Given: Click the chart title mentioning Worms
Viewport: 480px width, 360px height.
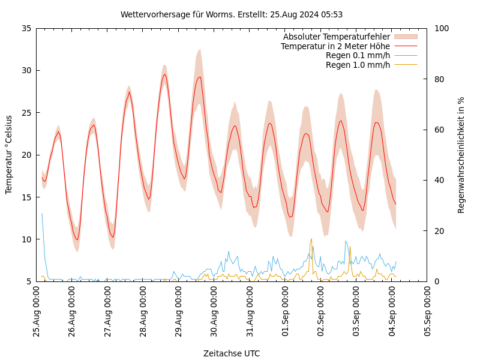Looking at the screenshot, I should tap(232, 14).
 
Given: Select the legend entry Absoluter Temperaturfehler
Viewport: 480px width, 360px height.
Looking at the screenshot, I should tap(336, 37).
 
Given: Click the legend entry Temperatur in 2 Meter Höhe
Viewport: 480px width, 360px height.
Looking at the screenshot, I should tap(335, 46).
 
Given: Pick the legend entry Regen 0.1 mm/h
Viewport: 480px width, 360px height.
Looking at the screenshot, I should tap(358, 56).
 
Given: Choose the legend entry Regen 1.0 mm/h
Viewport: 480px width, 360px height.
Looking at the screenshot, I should tap(358, 65).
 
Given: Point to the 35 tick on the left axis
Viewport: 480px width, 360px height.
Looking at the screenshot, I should tap(26, 28).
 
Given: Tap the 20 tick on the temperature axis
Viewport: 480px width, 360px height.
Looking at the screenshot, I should tap(26, 155).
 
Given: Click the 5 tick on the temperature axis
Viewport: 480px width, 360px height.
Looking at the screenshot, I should tap(29, 281).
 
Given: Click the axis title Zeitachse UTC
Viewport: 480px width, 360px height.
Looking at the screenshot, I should tap(232, 353).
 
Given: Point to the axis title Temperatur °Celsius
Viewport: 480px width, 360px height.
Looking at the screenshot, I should tap(9, 155).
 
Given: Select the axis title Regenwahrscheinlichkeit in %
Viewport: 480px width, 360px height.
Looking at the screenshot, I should tap(461, 155).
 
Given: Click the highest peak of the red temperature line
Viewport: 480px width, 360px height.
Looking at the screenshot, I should tap(164, 74).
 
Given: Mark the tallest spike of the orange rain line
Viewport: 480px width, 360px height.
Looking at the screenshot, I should tap(311, 239).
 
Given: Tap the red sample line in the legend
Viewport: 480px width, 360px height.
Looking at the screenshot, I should tap(406, 46).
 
